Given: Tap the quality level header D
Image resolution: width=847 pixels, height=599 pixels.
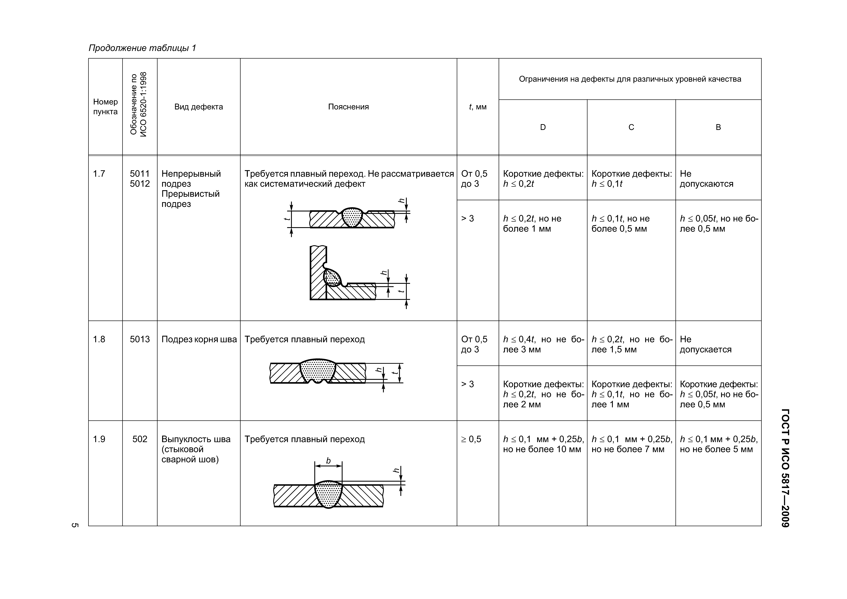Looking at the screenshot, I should pyautogui.click(x=543, y=127).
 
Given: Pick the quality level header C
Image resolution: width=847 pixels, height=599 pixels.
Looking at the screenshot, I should pyautogui.click(x=631, y=127).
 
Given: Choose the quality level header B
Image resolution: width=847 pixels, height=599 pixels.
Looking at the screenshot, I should pyautogui.click(x=718, y=127).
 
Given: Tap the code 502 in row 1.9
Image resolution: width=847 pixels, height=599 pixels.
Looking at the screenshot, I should pyautogui.click(x=140, y=439).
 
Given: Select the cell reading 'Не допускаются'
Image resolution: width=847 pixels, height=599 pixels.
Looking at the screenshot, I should pyautogui.click(x=706, y=179).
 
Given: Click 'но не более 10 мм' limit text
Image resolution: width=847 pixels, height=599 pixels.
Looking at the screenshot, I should pyautogui.click(x=542, y=449).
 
